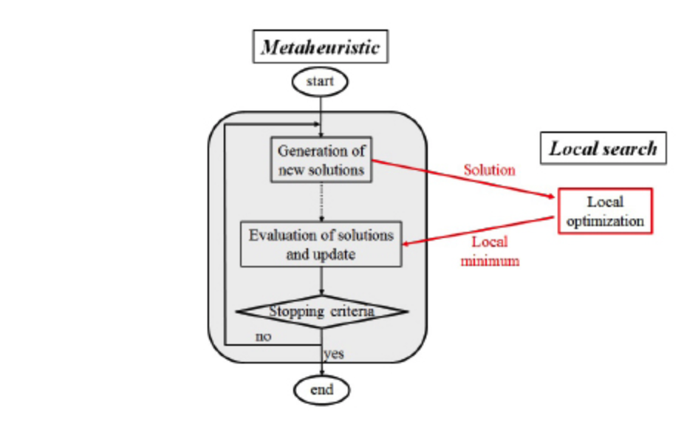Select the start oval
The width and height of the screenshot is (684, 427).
[x=320, y=82]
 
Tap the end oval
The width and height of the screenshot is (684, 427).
[x=321, y=389]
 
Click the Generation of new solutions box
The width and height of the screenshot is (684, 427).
[x=321, y=160]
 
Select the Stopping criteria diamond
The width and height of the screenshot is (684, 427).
[x=321, y=312]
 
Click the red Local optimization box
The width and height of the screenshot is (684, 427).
[x=605, y=211]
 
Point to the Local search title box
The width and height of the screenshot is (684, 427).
[x=603, y=148]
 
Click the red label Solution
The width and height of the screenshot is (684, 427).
[x=489, y=170]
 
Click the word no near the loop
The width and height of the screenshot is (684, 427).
[x=262, y=336]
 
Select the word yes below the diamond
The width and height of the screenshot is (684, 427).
[x=334, y=354]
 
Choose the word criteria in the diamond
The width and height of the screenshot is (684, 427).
[x=351, y=312]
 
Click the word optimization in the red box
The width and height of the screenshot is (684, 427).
[x=605, y=220]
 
